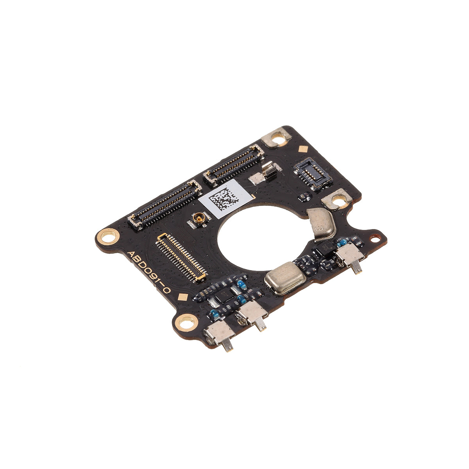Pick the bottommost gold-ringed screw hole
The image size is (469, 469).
click(185, 323)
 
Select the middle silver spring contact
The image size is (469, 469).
click(253, 313)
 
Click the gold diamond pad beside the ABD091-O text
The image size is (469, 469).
click(181, 296)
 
